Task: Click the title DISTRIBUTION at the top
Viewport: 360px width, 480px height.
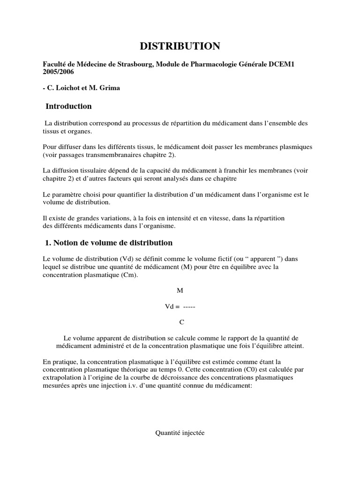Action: click(x=180, y=46)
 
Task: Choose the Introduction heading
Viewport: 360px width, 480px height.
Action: click(x=68, y=106)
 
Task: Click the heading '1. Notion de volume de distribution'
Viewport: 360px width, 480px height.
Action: click(x=109, y=243)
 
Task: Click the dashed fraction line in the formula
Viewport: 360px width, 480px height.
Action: click(x=189, y=307)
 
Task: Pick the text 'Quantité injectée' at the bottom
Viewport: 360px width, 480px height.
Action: click(x=180, y=433)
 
